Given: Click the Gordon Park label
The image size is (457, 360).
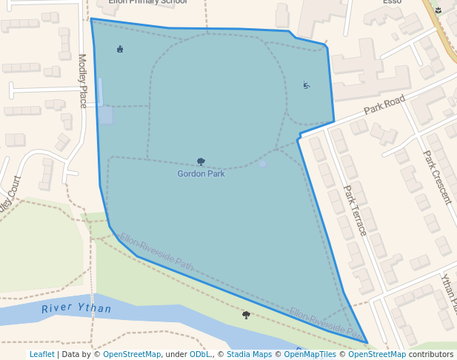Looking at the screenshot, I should click(x=201, y=174).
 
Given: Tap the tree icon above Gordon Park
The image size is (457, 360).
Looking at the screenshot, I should click(x=201, y=161).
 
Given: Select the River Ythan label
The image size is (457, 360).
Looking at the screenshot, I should click(x=76, y=309).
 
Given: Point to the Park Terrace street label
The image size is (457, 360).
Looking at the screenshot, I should click(x=355, y=210).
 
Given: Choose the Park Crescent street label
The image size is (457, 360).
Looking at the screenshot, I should click(x=436, y=178).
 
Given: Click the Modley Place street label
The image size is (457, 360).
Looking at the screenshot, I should click(x=82, y=79).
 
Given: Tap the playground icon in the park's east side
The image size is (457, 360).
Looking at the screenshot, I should click(x=307, y=85).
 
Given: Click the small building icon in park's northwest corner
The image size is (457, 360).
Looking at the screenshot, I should click(x=120, y=49).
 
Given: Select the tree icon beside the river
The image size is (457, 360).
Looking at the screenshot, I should click(x=246, y=315).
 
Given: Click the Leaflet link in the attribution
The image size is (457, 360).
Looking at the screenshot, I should click(x=41, y=355).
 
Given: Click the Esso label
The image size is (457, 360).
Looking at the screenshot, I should click(x=392, y=2).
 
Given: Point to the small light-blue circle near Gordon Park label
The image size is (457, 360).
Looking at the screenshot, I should click(x=262, y=164).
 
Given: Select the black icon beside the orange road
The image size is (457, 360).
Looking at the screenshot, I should click(x=438, y=10).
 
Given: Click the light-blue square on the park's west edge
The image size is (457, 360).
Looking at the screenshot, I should click(x=106, y=116).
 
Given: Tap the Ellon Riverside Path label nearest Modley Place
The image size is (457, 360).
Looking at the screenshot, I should click(x=156, y=252).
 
